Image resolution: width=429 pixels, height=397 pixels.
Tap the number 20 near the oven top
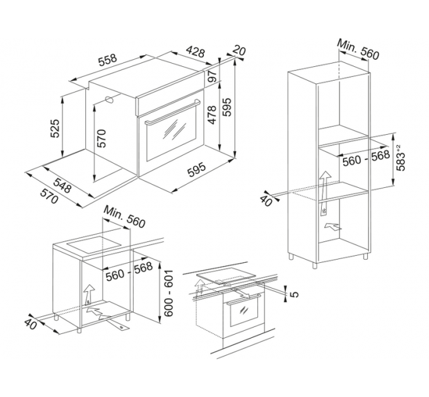tap(238, 50)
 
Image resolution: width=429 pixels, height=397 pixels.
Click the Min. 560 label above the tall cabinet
tap(358, 49)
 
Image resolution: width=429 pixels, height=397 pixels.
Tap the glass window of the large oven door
tap(171, 133)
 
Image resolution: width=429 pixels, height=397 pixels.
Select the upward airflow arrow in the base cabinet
tap(89, 292)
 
